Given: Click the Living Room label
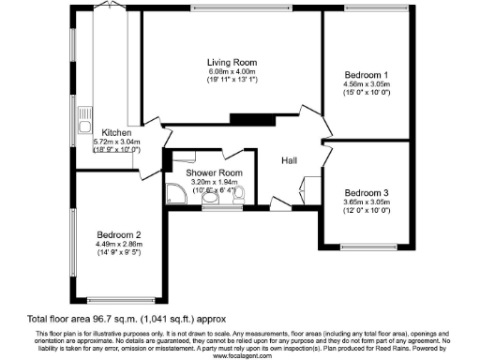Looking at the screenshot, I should [227, 63].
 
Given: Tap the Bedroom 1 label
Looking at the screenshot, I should [366, 74].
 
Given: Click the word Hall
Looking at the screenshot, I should [291, 160].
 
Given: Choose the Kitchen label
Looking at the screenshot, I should [117, 132].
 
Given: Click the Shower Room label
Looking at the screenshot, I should [217, 173].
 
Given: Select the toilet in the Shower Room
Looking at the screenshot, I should [238, 194].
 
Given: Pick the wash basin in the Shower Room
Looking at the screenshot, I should [213, 198].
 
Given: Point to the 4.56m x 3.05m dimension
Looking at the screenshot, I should [366, 83].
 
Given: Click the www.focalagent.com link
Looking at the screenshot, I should [240, 355].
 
